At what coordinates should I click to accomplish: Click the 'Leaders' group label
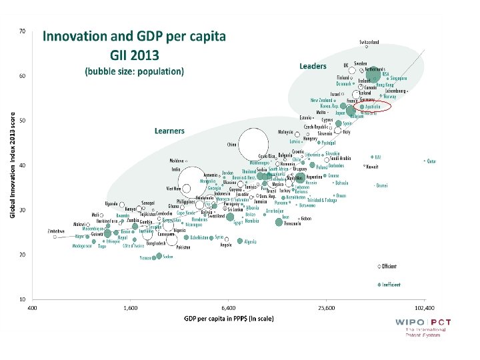313,66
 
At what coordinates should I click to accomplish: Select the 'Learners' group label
169,131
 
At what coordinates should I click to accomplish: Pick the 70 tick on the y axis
22,31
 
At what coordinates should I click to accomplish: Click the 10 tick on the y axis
22,299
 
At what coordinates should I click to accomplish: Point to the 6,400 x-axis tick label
228,309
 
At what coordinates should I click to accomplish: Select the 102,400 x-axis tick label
424,309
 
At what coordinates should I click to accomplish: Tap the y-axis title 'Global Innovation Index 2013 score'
13,163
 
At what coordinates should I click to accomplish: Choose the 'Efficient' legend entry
389,266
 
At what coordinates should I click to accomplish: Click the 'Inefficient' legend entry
391,285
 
